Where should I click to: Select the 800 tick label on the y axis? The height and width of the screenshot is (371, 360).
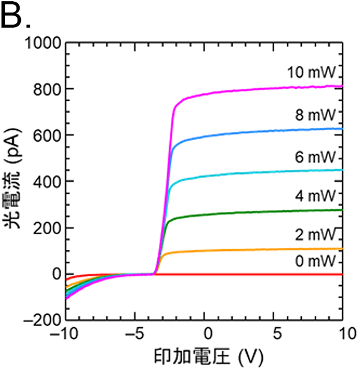click(x=45, y=89)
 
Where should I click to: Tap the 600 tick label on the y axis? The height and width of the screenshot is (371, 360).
click(x=45, y=135)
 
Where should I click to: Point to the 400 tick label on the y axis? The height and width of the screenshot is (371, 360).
click(x=45, y=181)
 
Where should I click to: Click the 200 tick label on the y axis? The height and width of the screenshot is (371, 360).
click(x=45, y=228)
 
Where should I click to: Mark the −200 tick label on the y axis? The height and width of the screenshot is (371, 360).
click(x=40, y=320)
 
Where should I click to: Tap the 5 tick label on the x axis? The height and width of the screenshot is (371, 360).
click(x=274, y=333)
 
